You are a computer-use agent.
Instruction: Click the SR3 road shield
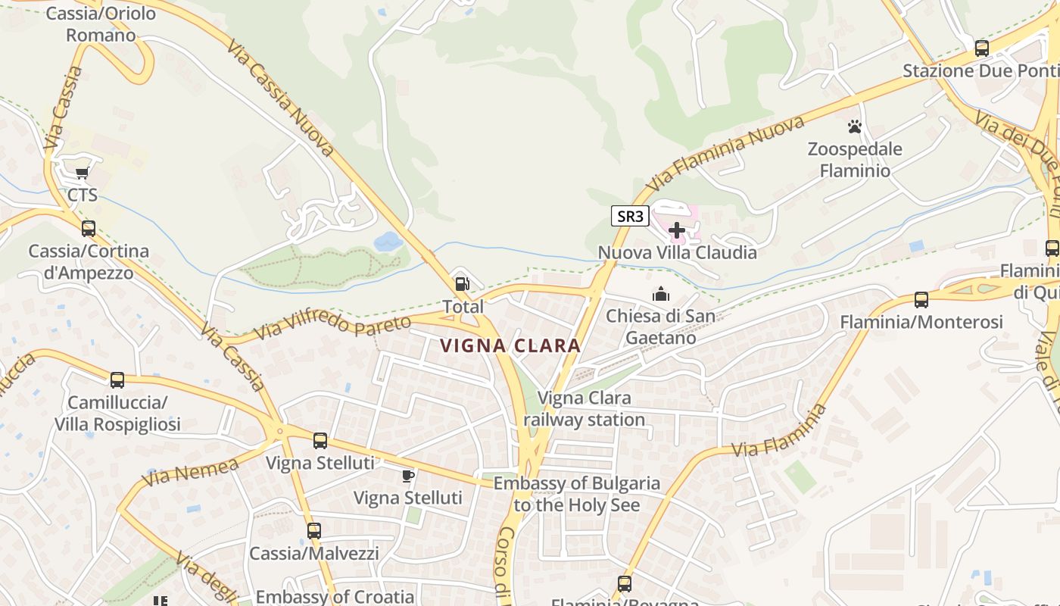(630, 216)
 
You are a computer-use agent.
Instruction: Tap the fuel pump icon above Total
(462, 285)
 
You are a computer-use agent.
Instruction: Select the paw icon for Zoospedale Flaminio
(855, 127)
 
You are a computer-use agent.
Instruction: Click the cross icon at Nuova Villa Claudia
(677, 230)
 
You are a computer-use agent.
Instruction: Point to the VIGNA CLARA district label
(510, 346)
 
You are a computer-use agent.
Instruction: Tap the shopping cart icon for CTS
(82, 173)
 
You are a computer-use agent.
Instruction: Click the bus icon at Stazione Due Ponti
(981, 48)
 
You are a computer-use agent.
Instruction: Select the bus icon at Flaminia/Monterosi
(921, 300)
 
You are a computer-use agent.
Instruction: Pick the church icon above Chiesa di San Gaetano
(661, 294)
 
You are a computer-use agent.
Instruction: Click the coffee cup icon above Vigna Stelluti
(408, 476)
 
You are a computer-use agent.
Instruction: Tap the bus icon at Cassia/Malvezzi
(313, 531)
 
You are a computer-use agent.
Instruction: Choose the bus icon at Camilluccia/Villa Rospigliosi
(117, 380)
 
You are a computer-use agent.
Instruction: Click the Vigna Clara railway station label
(584, 408)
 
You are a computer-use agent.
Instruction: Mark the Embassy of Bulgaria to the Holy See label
(576, 494)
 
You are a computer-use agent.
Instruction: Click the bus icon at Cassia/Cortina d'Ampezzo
(89, 228)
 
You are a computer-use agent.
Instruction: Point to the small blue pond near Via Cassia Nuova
(388, 242)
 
